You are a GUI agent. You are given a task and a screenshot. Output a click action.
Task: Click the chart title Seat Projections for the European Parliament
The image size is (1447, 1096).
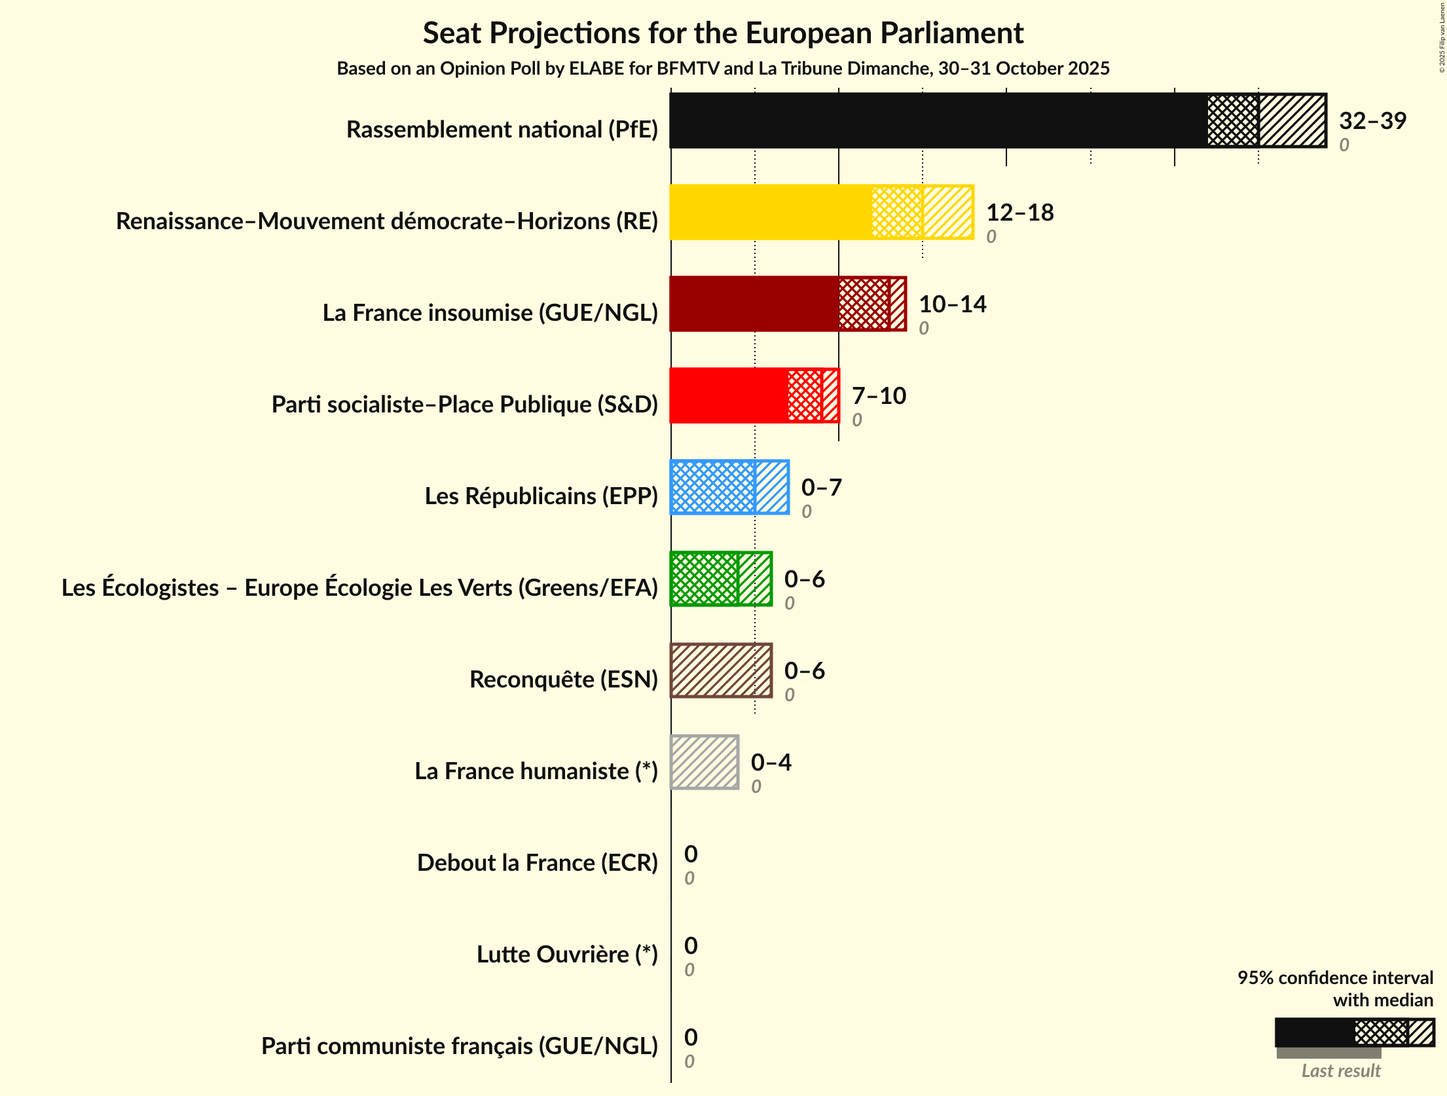[x=723, y=33]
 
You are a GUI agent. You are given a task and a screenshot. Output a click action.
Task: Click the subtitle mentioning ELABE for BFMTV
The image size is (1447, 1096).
[x=723, y=69]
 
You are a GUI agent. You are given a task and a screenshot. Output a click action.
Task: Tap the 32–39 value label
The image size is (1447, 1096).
[x=1372, y=120]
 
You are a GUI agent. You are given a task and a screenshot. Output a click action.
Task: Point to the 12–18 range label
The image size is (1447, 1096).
[x=1019, y=212]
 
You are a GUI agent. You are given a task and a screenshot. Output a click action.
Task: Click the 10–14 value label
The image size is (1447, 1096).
[x=952, y=304]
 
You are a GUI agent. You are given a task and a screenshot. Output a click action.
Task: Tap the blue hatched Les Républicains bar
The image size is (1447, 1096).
[x=729, y=487]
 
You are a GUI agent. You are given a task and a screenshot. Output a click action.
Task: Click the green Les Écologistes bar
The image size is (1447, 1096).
[x=720, y=579]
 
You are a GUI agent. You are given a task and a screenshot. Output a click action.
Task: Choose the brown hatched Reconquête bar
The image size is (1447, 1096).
[x=720, y=670]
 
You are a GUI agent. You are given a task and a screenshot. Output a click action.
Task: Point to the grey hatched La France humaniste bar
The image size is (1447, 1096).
[x=705, y=762]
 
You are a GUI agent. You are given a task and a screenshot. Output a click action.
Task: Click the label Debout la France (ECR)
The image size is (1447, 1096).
[x=537, y=863]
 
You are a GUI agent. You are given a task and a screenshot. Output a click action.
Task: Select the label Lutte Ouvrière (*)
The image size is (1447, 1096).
[x=566, y=955]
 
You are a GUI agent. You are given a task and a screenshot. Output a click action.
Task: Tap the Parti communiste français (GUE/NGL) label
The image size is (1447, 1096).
[x=459, y=1046]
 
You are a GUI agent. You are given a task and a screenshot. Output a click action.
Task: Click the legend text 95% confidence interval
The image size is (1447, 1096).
[x=1334, y=977]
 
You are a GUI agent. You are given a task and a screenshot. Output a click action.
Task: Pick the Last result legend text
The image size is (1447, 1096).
[x=1340, y=1071]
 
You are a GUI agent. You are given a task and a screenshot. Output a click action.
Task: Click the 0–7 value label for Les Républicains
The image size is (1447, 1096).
[x=821, y=487]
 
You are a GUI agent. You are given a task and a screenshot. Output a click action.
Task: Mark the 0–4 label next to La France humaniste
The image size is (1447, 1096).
[x=771, y=762]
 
